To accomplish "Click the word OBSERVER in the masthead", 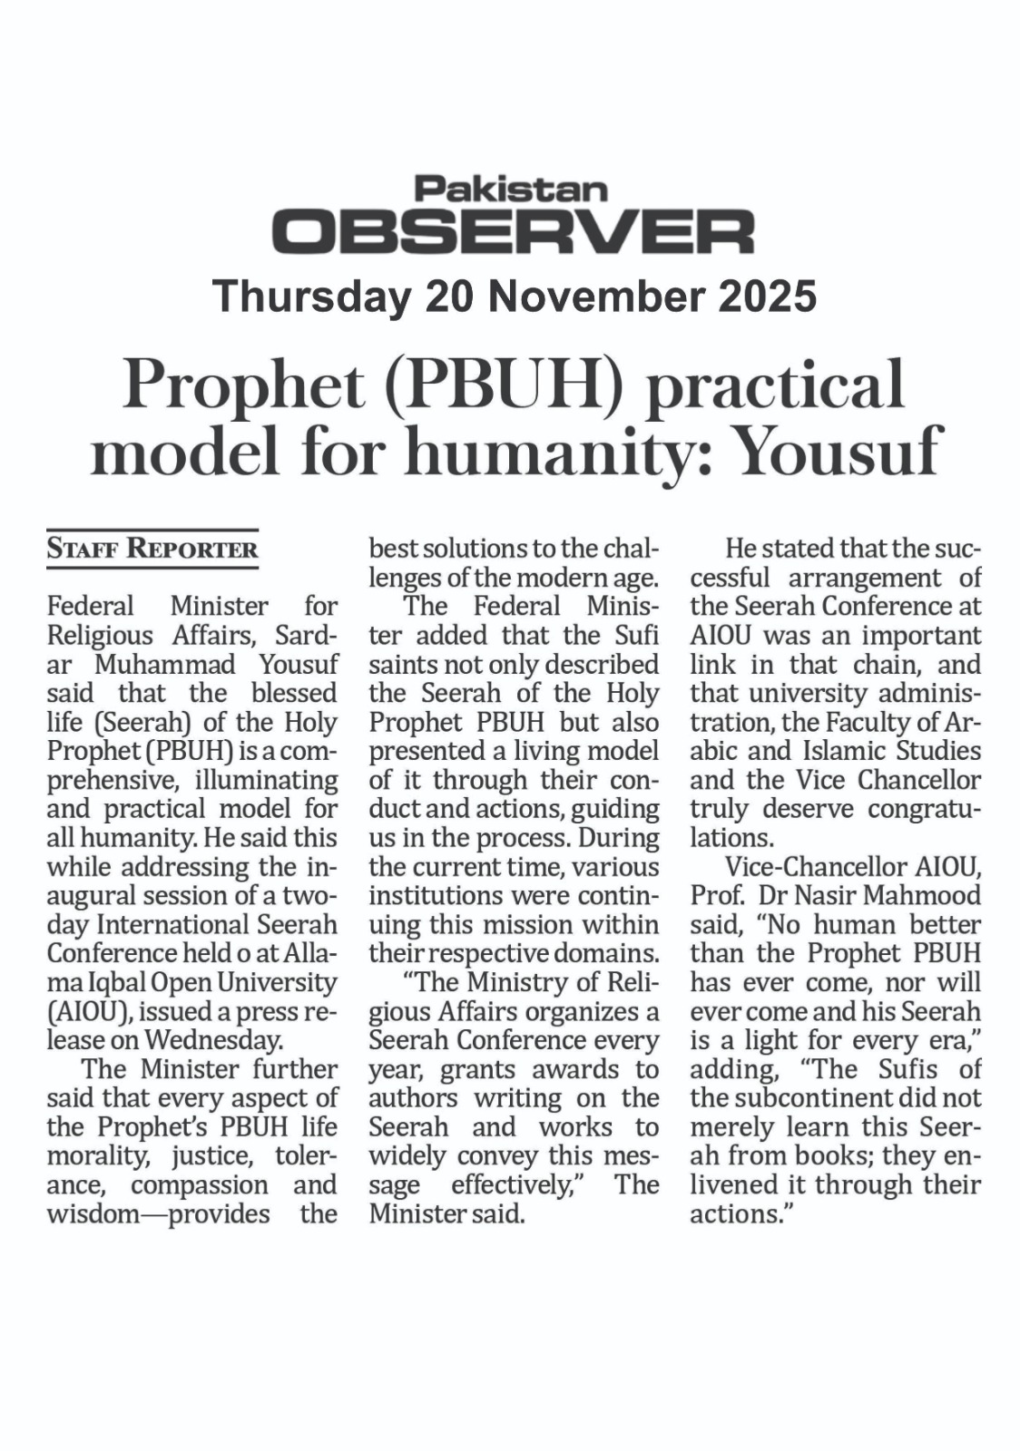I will click(514, 232).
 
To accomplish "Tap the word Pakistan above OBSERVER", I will click(511, 189).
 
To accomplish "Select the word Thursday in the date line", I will click(309, 297).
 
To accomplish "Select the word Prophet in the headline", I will click(247, 385).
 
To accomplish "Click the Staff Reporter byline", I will click(152, 549).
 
